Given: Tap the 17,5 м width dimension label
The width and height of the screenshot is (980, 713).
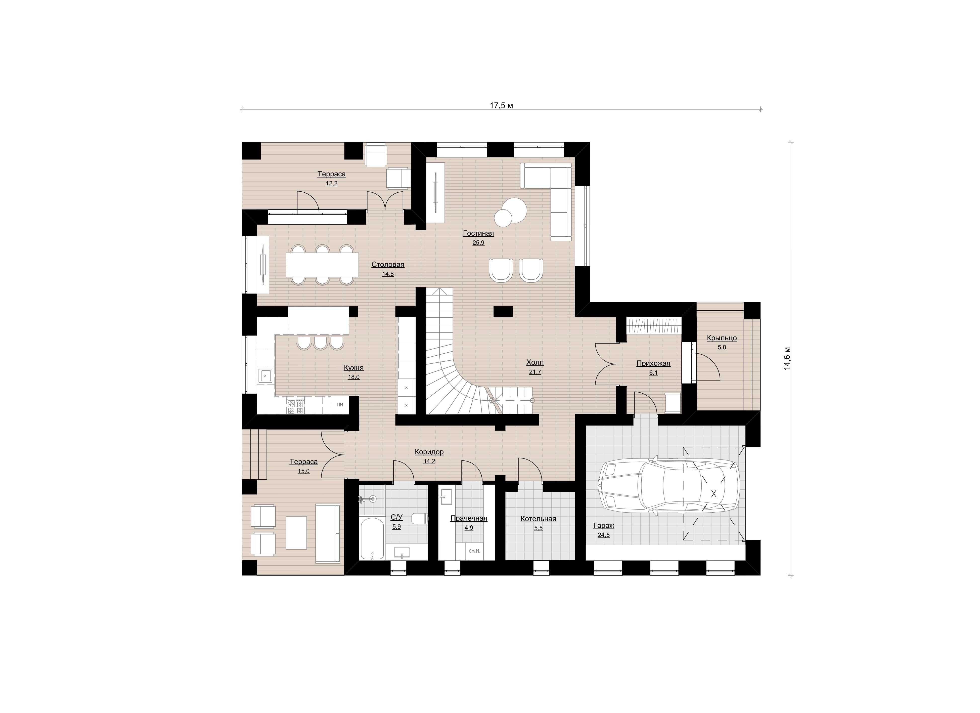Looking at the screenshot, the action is (x=501, y=105).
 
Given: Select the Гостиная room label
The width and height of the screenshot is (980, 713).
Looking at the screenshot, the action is (x=478, y=233).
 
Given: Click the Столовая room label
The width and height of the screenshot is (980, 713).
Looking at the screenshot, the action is (x=388, y=265).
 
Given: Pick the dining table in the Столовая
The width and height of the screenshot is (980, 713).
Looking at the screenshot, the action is (x=322, y=265).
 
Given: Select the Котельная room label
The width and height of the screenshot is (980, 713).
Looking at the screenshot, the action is (x=538, y=519).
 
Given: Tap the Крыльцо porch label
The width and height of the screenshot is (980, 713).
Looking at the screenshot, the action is (x=722, y=338).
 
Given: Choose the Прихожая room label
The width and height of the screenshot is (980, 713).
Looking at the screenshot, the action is (x=653, y=363).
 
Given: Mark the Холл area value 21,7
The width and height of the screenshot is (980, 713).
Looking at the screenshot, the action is (x=535, y=372).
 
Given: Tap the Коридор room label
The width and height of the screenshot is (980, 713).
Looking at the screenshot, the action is (x=429, y=452).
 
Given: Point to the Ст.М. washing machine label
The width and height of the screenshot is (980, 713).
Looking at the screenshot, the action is (x=474, y=551).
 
